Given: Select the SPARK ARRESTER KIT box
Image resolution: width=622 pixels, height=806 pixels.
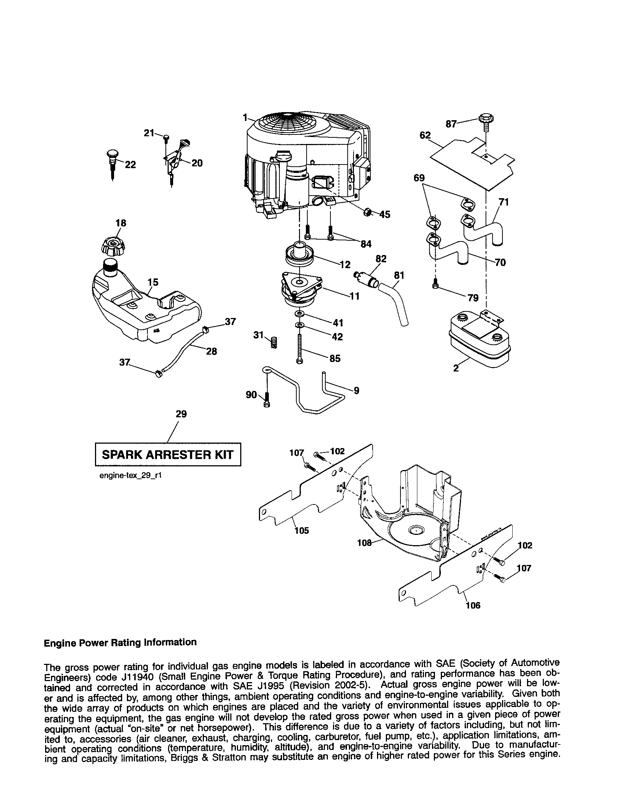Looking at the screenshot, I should coord(168,454).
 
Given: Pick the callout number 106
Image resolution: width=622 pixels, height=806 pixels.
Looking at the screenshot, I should coord(473,606).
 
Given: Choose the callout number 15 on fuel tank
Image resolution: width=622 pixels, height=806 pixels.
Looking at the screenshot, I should coord(153,282).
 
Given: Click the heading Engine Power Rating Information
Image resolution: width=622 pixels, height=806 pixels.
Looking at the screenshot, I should coord(120,643).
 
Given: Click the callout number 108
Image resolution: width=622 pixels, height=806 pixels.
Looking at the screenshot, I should coord(364,543).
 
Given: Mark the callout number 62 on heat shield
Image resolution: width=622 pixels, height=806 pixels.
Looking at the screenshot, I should coord(425,136).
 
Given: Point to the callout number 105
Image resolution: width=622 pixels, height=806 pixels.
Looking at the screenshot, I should coord(302,531).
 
